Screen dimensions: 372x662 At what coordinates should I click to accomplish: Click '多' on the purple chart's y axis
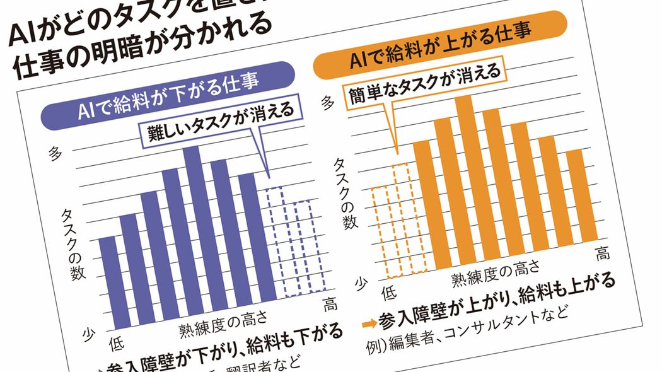pos(55,153)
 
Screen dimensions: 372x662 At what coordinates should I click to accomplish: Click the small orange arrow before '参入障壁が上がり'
pos(370,325)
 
